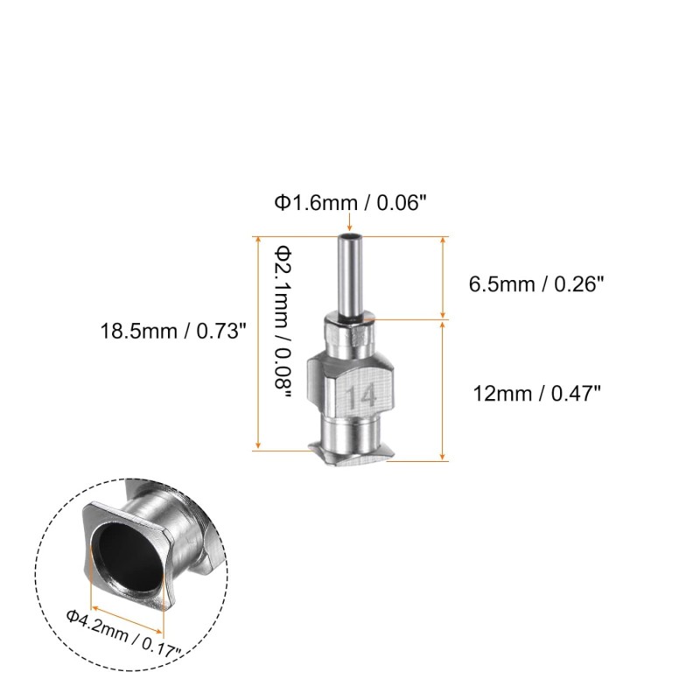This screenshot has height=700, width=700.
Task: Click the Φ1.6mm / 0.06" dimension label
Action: tap(350, 204)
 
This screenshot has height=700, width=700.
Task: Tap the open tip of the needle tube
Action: tap(350, 237)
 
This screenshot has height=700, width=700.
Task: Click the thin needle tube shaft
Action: tap(350, 276)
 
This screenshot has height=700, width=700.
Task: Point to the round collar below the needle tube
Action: tap(350, 334)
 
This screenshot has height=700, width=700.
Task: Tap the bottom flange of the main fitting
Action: tap(350, 453)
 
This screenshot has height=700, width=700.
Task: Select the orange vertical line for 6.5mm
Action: tap(445, 277)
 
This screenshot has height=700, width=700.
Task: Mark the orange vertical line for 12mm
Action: tap(445, 389)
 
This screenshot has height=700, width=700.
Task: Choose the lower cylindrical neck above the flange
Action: tap(350, 430)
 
